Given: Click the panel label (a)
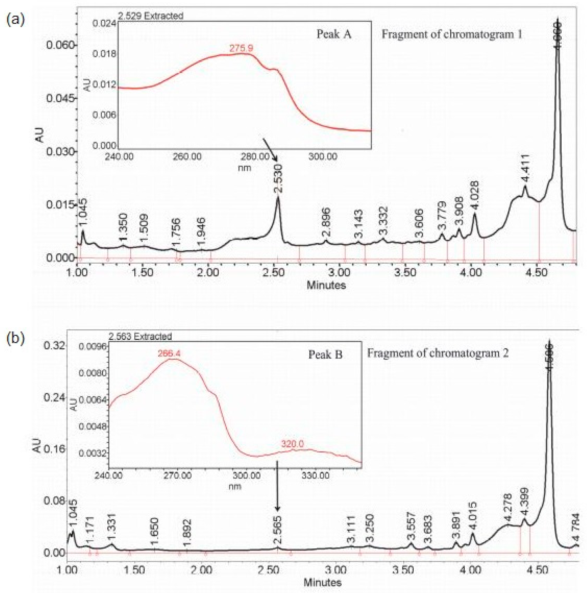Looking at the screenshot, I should (15, 19).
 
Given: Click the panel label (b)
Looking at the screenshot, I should (15, 338).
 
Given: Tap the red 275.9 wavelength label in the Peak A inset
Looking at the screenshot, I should (241, 48).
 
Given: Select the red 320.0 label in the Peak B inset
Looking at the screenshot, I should (292, 444).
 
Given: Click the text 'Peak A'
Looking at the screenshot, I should (334, 34).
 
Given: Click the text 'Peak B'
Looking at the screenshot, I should (325, 354).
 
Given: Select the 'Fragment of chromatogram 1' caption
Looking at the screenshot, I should (452, 34).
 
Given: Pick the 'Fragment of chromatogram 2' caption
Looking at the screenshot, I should (438, 353).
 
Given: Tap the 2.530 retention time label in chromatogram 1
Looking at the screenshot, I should (278, 178).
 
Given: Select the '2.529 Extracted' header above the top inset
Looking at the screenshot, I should (150, 16).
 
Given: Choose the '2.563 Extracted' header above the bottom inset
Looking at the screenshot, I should (140, 336).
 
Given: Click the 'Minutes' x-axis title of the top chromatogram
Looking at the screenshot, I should (326, 285).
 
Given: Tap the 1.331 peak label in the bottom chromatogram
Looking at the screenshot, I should (111, 528).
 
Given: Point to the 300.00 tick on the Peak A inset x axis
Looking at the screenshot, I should (323, 157).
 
